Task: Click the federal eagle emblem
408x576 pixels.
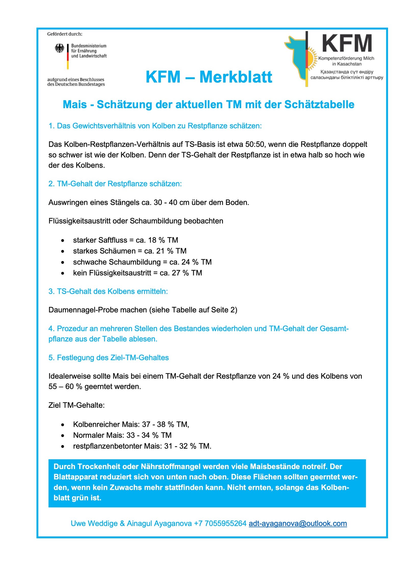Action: (59, 48)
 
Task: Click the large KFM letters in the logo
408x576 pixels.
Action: (347, 44)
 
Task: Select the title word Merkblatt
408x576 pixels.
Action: (236, 77)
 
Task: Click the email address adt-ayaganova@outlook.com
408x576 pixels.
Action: (298, 523)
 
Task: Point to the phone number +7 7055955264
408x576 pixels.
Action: (220, 523)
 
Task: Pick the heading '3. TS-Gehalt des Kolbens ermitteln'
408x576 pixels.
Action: (108, 291)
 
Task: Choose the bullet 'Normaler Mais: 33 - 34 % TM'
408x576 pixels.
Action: (122, 435)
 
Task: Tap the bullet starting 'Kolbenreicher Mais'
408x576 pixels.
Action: (131, 424)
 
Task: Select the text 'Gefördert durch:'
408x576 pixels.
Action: (65, 34)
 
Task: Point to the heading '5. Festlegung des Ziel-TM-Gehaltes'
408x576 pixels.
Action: (109, 358)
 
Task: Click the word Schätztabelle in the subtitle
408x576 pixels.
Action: (319, 105)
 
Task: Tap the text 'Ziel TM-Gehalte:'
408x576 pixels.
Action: (76, 405)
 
